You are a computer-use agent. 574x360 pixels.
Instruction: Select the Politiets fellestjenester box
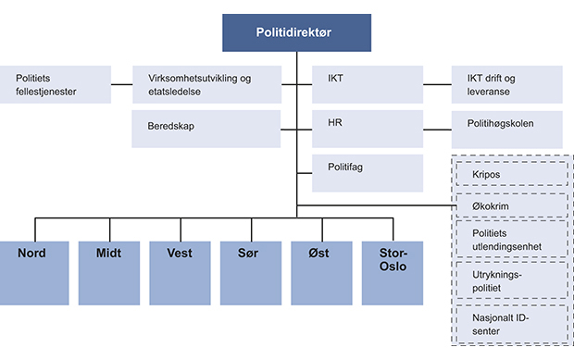[56, 84]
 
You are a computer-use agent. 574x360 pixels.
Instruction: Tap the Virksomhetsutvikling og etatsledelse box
[206, 84]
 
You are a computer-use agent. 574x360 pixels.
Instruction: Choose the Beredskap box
[206, 129]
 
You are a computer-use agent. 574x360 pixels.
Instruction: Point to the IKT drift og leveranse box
[506, 84]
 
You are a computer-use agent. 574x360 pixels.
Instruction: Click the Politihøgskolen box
[506, 129]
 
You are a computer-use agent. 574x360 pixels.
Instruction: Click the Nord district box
[34, 271]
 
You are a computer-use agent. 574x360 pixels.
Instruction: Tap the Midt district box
[106, 271]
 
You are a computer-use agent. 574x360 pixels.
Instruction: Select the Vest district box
[179, 271]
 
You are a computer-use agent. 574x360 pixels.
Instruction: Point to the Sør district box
[251, 271]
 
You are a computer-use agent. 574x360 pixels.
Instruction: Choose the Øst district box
[322, 271]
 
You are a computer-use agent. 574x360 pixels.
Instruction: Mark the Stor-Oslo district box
[394, 271]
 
